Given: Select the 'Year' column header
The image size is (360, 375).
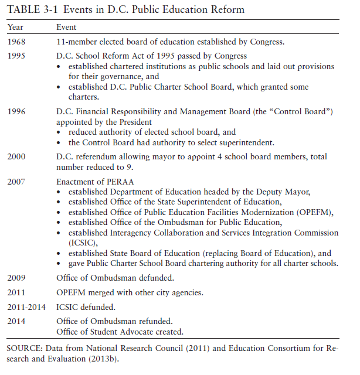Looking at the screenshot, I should point(15,28).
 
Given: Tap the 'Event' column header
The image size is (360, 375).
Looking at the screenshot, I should point(66,28).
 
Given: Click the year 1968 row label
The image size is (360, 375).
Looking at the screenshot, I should point(16,42).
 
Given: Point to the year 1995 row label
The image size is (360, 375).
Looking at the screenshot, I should point(16,56).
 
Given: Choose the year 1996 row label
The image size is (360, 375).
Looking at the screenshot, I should point(16,112).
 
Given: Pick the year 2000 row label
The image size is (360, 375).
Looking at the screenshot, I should point(16,157).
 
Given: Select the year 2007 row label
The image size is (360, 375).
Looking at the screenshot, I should point(16,182).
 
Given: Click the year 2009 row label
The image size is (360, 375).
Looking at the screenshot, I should point(16,278).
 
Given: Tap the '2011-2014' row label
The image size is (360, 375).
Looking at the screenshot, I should point(25,306).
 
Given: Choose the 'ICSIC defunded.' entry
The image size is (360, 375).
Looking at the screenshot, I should point(86,306).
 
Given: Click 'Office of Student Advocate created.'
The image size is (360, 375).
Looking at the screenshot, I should point(120,332).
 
